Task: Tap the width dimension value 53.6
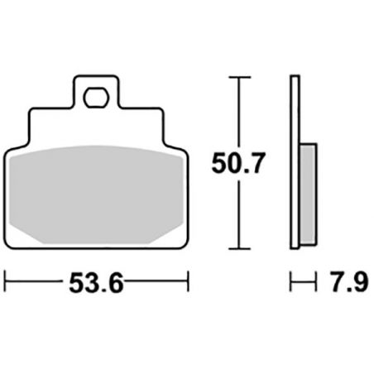click(x=98, y=284)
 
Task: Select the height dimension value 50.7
click(x=238, y=165)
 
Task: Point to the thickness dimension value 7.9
click(x=348, y=284)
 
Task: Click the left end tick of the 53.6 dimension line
click(x=7, y=284)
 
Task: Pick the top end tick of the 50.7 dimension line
click(x=239, y=78)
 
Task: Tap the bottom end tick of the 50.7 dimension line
click(x=239, y=248)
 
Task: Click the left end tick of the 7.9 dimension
click(x=290, y=284)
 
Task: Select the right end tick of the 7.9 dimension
click(x=317, y=284)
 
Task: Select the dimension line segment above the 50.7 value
click(x=239, y=112)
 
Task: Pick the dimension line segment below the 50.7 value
click(x=239, y=215)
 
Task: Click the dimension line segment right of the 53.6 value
click(x=157, y=284)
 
